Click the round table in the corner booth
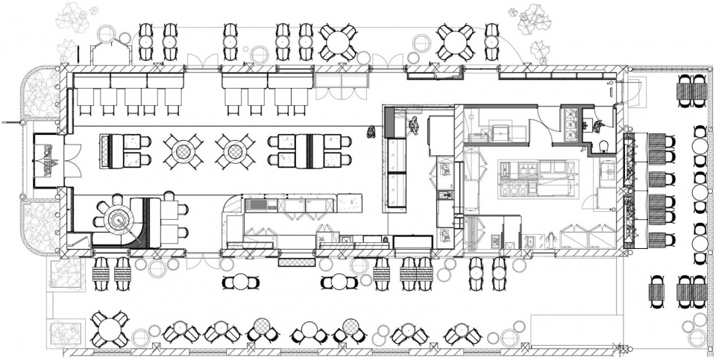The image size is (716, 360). click(116, 217)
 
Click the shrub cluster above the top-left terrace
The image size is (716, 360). click(73, 16)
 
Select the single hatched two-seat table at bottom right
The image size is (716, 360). click(657, 293)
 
